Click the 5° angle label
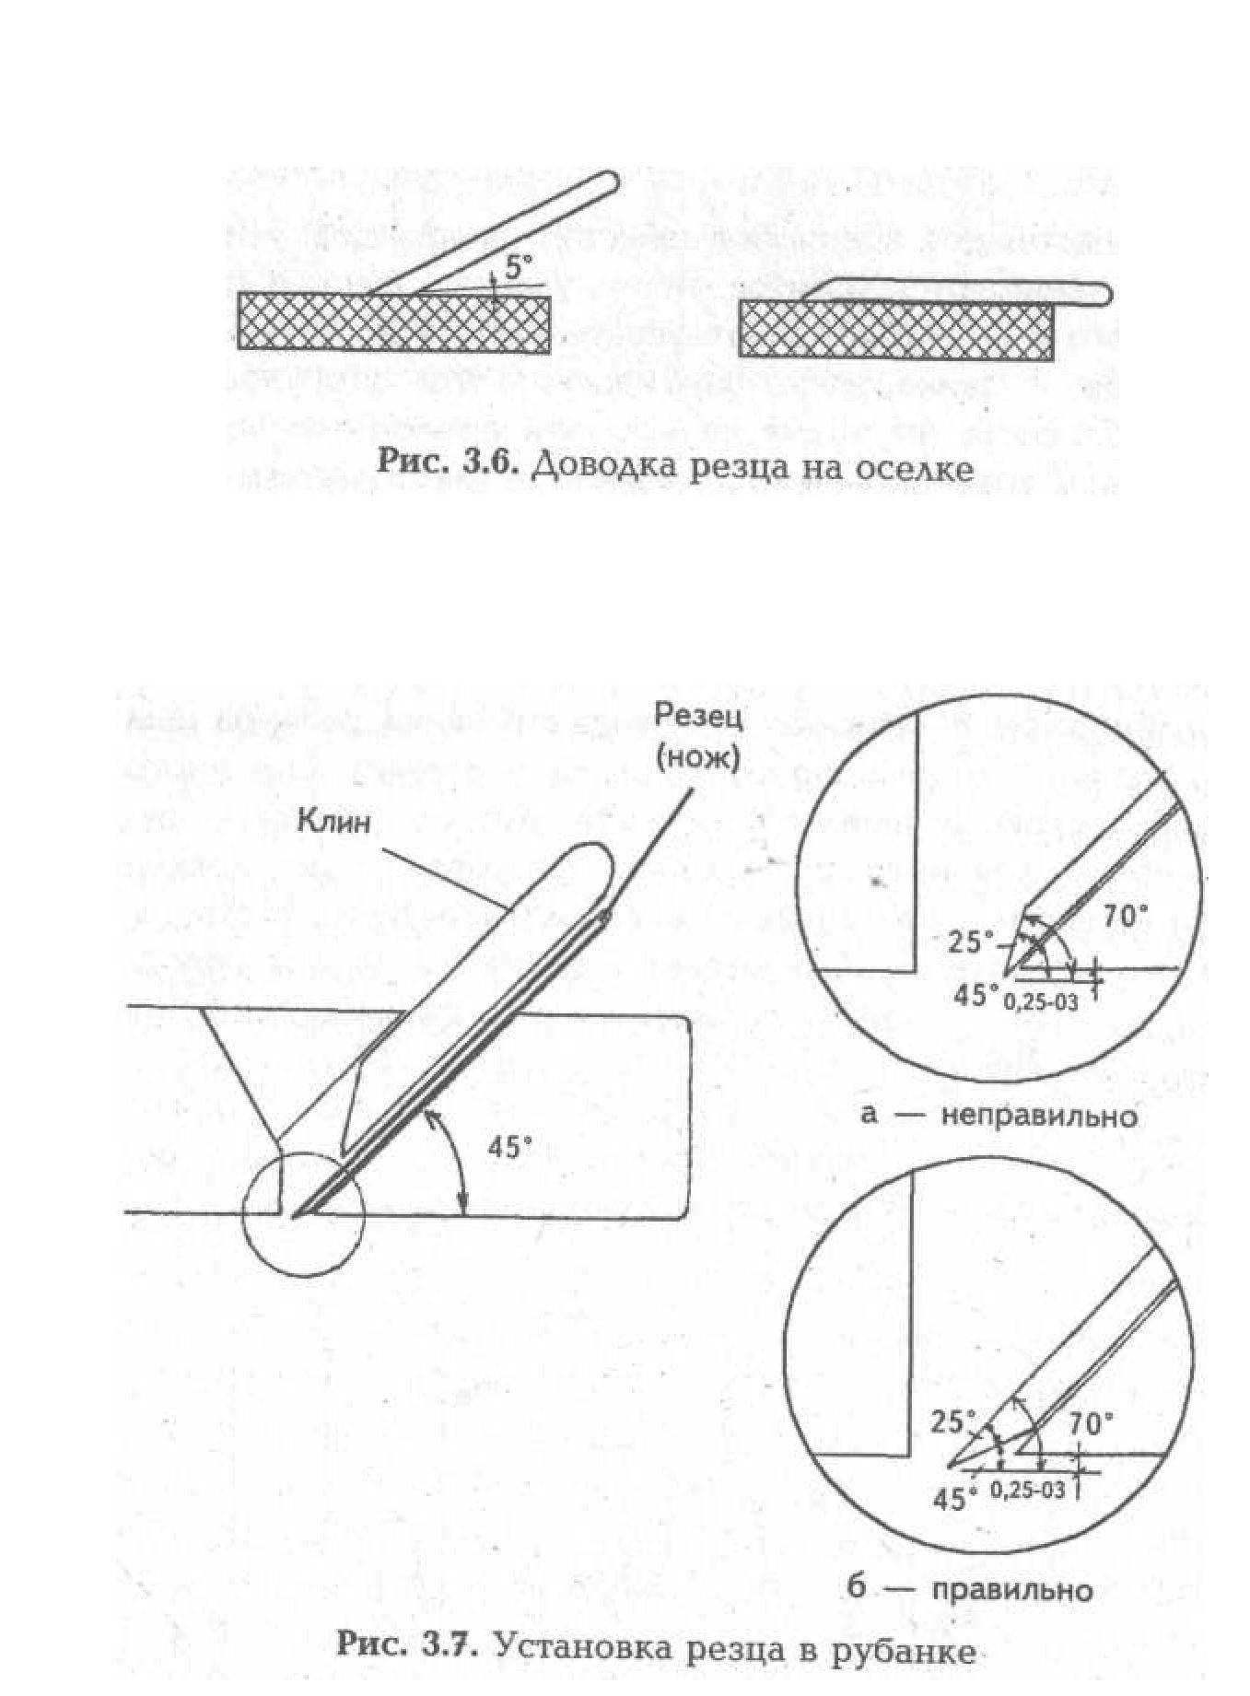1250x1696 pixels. point(519,268)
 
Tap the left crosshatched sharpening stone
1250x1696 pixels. point(394,322)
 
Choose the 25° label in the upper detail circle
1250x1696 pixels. point(972,943)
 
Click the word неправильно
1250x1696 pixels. point(1039,1117)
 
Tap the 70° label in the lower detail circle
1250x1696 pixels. point(1091,1423)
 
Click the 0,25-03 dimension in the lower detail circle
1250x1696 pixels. point(1028,1490)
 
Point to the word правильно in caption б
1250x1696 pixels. point(1011,1590)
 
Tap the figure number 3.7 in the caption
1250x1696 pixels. point(450,1644)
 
